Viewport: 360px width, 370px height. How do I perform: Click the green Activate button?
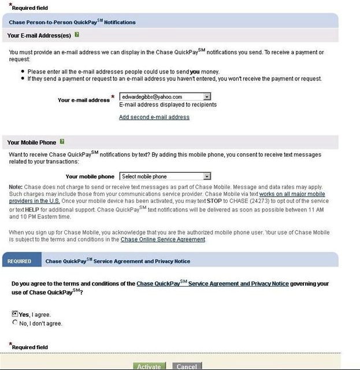click(149, 367)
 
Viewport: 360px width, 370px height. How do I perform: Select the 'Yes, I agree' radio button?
click(15, 313)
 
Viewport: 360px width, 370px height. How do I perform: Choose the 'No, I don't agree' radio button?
click(15, 323)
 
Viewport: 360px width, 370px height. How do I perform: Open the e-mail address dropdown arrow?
click(207, 97)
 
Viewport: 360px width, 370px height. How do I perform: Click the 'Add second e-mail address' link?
click(154, 117)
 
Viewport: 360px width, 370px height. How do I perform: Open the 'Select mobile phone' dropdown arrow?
click(207, 176)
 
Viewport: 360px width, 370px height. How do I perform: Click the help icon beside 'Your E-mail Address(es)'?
click(77, 35)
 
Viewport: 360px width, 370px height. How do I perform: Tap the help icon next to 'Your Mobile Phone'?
click(62, 142)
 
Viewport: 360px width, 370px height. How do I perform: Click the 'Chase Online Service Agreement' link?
click(162, 239)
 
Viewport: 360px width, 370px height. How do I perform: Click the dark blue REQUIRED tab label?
click(19, 261)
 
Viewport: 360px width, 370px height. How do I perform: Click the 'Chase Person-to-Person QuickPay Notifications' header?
click(72, 23)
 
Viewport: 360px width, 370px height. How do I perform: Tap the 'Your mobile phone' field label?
click(90, 176)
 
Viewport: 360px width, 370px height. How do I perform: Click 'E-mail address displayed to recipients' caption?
click(168, 105)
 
